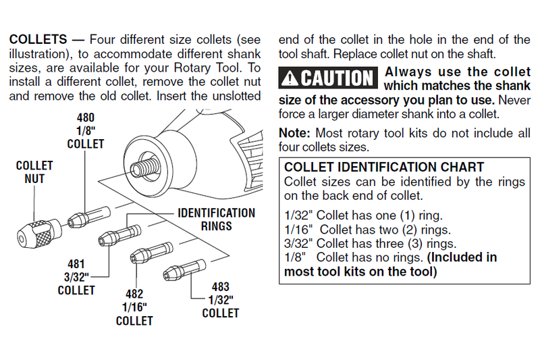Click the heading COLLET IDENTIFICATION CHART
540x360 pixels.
384,167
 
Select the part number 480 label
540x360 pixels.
85,117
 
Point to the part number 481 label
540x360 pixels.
76,265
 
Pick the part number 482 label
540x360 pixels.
134,294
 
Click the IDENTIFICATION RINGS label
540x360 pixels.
216,220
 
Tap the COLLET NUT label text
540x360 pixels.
34,172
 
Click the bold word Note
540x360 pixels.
294,132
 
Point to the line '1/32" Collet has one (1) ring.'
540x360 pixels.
364,216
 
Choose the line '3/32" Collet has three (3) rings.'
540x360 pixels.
372,244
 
